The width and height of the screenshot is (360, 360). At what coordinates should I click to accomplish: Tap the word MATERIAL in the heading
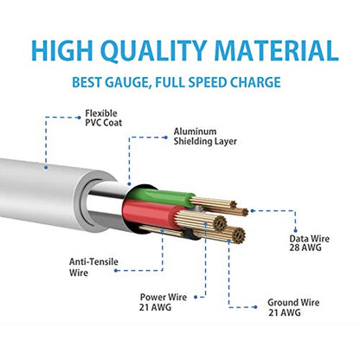point(276,50)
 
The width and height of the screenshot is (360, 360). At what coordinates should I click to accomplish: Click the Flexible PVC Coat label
point(103,118)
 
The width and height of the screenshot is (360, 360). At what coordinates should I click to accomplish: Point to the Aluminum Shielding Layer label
point(205,137)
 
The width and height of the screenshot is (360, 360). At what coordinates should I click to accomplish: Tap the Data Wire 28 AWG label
point(309,243)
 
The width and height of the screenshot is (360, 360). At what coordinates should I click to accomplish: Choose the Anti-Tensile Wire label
point(93,267)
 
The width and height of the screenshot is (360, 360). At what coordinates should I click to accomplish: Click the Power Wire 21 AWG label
point(163,302)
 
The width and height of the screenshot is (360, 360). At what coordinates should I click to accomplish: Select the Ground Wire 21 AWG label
point(293,307)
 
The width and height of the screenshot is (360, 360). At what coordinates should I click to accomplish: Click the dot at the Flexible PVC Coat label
point(79,118)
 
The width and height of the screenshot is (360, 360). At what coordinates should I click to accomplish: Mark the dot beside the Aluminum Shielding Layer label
point(165,138)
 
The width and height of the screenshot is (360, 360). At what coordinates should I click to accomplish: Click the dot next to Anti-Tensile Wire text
point(116,271)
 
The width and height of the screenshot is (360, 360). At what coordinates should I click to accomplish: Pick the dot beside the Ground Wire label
point(255,307)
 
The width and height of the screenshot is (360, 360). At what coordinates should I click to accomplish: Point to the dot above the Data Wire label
point(295,230)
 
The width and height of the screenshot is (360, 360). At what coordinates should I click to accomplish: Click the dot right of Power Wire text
point(196,297)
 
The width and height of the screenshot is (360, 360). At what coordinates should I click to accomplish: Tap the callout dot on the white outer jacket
point(46,167)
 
